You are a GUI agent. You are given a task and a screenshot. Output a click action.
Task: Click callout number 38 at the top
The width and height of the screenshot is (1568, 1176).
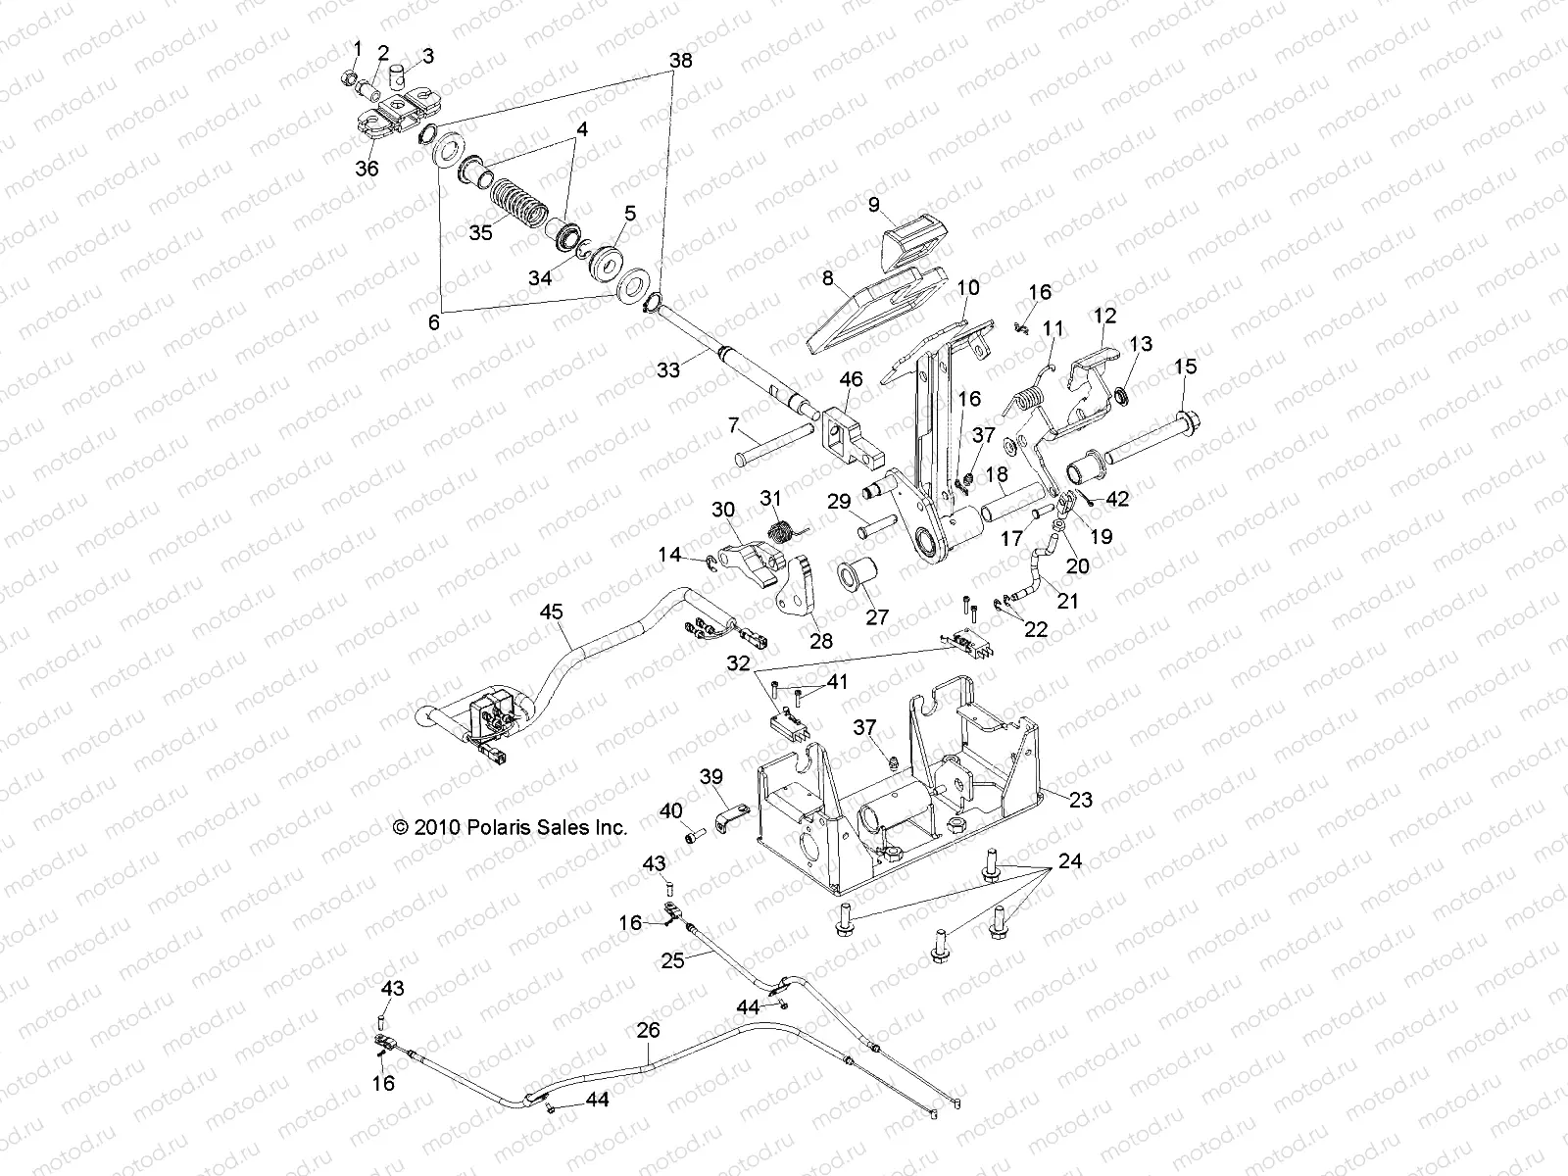680,61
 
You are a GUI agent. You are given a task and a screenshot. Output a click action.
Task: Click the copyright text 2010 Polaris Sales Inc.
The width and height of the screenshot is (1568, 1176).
510,827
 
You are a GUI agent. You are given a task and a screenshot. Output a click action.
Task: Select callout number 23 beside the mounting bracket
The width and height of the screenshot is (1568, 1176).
1080,800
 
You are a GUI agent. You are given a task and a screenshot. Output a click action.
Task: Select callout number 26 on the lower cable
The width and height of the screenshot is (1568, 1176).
648,1030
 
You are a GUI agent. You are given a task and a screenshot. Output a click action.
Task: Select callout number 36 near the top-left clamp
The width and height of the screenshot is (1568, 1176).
367,169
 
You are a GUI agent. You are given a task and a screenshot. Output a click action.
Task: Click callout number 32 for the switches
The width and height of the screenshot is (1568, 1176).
738,663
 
